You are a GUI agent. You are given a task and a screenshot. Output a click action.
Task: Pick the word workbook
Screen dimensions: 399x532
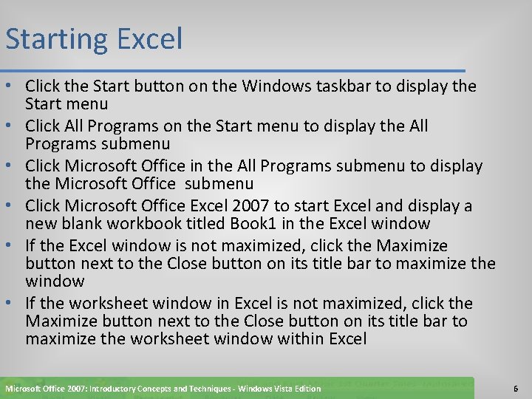151,223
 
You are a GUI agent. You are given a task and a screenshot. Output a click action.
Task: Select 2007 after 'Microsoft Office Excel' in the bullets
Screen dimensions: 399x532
251,205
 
